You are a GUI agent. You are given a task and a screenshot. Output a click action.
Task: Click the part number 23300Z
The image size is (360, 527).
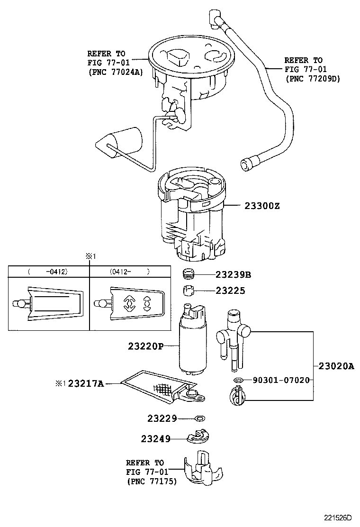point(262,206)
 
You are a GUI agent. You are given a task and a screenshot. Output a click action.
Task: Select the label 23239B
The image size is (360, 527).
point(233,274)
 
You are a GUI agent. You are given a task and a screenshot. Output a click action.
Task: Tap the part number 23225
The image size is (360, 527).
point(230,291)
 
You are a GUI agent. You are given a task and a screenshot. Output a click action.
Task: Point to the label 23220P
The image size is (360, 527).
point(145,346)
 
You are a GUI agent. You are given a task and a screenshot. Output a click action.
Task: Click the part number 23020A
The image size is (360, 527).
point(336,366)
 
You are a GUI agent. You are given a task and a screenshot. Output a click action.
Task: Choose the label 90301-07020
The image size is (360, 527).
point(281,380)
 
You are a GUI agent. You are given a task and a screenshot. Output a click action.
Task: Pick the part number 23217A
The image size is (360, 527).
point(86,383)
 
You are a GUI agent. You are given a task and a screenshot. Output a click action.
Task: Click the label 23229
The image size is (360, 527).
point(162,418)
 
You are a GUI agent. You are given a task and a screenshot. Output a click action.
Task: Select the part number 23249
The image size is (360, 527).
point(155,438)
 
